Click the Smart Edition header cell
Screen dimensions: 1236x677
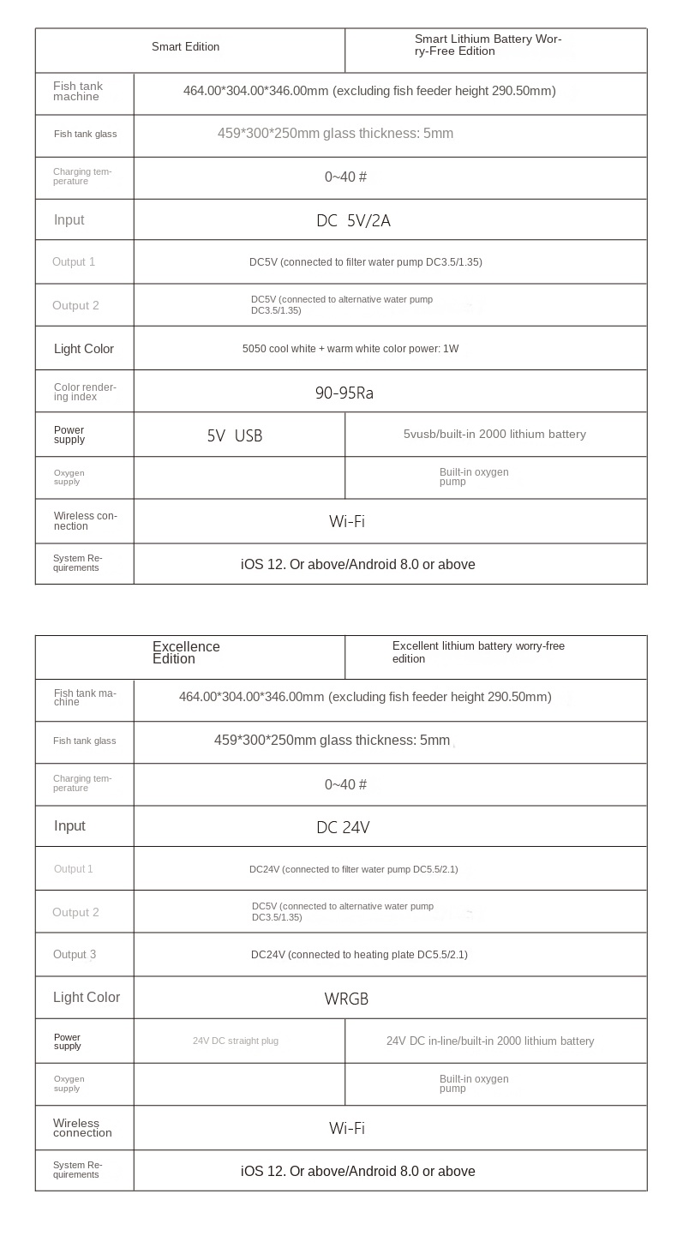[x=186, y=47]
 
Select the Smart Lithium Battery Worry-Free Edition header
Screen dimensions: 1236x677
[x=488, y=45]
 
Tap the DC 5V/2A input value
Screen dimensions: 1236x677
[x=353, y=221]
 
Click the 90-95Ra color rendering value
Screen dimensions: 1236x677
[x=344, y=393]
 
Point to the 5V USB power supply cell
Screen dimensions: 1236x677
[x=235, y=435]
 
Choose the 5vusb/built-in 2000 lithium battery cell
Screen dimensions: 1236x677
[x=494, y=435]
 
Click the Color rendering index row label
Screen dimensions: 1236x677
[x=84, y=392]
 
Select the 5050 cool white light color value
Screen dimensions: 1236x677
[x=350, y=349]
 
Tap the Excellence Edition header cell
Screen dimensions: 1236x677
[x=186, y=653]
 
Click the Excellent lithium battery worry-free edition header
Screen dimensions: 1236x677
[x=478, y=652]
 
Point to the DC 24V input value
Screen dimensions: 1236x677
[x=343, y=827]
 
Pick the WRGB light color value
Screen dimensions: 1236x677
[x=346, y=999]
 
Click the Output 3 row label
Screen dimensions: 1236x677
[x=75, y=955]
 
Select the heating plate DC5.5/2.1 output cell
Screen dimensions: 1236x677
[x=359, y=955]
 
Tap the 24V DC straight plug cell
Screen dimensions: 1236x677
[x=236, y=1041]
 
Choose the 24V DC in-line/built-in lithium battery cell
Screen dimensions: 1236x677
[x=490, y=1041]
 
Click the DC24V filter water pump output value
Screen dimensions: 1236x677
[x=353, y=869]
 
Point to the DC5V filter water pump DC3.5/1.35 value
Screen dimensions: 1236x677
[x=366, y=262]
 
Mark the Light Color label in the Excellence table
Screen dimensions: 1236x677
[x=87, y=998]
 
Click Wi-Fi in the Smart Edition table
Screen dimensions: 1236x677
[x=347, y=522]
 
